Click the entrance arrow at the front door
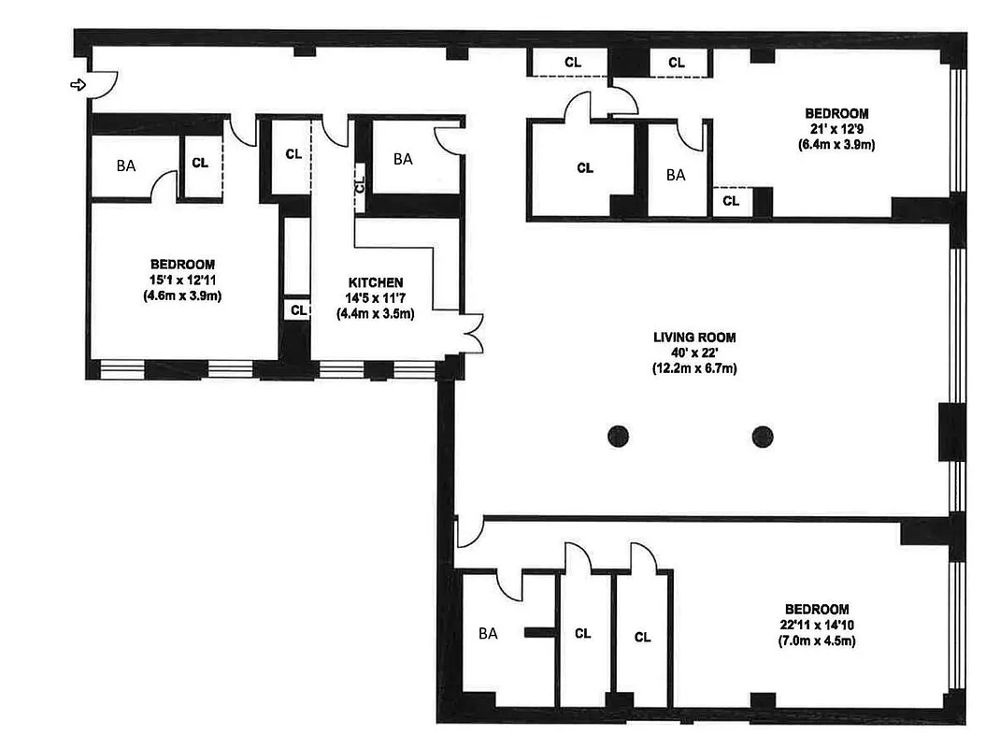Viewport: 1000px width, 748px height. [x=79, y=85]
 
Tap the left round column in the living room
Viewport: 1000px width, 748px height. [x=617, y=435]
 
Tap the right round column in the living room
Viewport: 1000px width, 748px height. [x=764, y=435]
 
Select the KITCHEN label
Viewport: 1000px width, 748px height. [x=376, y=282]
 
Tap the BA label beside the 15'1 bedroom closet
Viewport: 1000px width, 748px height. [x=125, y=165]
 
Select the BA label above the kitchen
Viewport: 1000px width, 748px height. [x=403, y=159]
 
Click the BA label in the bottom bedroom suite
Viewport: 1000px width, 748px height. [x=488, y=634]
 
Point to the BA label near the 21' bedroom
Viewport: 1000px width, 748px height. [x=676, y=174]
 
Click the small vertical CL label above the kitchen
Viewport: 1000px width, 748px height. [x=359, y=183]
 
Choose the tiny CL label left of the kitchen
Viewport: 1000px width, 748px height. [x=298, y=309]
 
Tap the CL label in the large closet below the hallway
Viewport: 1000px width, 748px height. [x=585, y=168]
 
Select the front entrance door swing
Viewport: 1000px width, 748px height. [x=103, y=84]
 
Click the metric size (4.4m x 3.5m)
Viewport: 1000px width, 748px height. [x=376, y=314]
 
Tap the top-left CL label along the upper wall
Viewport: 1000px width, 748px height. [x=572, y=62]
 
